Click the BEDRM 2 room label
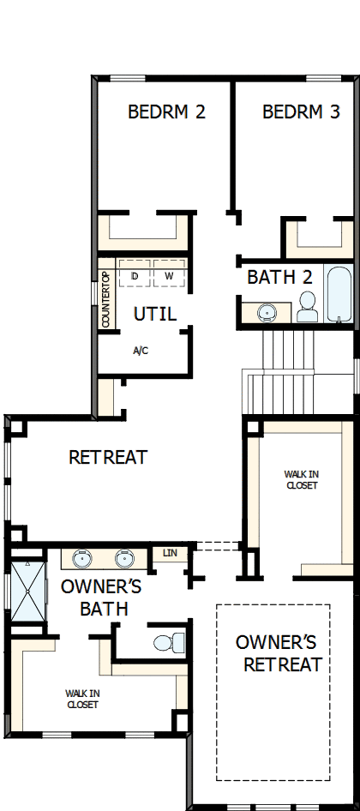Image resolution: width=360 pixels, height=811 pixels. coord(166,111)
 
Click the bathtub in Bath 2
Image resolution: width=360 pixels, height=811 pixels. coord(340,294)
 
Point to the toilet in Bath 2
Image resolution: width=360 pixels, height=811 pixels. coord(306,307)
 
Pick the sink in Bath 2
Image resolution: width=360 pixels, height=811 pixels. coord(267,313)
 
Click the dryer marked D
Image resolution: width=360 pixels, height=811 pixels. coord(135,276)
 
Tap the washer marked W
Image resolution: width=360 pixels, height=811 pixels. coord(169,276)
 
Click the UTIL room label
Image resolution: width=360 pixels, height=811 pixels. coord(155,315)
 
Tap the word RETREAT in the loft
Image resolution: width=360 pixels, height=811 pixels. coord(108,458)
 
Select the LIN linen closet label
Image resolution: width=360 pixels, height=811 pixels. coord(170,554)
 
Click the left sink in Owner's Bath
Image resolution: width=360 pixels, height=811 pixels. coord(82,559)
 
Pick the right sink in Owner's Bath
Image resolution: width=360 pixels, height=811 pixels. coord(124,559)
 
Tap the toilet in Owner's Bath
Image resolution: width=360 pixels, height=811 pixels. coord(169,642)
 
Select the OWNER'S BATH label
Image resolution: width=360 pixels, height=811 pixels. coord(94,598)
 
